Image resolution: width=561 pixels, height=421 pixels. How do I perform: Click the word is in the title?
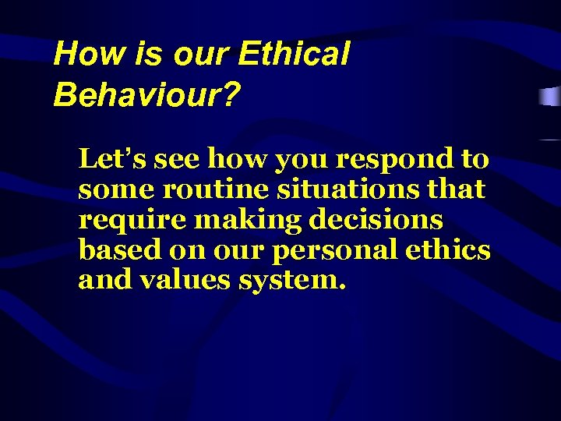click(x=145, y=54)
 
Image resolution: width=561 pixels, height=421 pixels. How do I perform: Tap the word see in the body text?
click(x=175, y=159)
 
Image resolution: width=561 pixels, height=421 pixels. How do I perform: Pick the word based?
click(x=113, y=250)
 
